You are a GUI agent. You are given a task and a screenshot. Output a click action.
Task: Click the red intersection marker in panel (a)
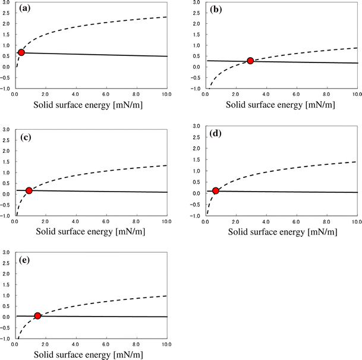pos(21,53)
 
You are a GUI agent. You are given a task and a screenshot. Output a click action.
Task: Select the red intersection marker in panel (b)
pos(250,61)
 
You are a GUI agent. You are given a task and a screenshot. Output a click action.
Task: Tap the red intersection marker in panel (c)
pos(29,191)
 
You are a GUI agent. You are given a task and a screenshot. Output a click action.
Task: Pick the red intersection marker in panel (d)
pos(216,191)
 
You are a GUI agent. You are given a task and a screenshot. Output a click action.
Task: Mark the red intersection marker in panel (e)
pos(37,316)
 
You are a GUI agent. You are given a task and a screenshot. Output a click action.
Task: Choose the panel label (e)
pos(26,260)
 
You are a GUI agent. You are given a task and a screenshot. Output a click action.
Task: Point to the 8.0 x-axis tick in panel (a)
pos(136,94)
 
